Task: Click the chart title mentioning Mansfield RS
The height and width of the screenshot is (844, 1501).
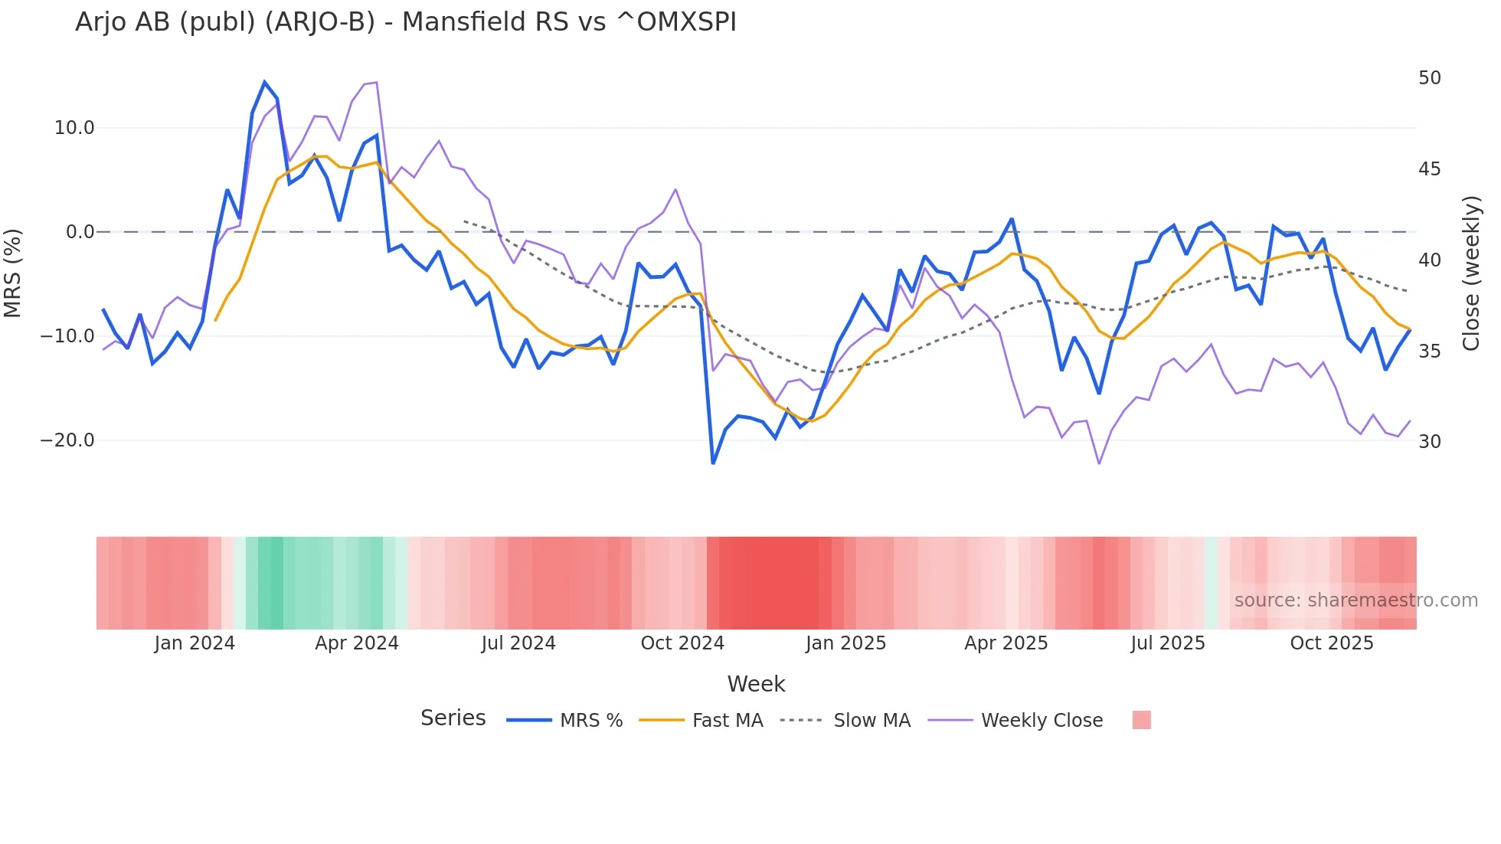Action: [x=405, y=22]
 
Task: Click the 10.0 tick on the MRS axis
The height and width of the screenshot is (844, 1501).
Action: [x=74, y=128]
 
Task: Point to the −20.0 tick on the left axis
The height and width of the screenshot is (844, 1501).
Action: [x=67, y=440]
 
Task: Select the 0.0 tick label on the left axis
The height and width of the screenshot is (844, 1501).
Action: [x=80, y=232]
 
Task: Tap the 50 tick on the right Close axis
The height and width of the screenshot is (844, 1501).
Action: [x=1429, y=78]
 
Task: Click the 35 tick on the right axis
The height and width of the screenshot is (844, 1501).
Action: [x=1429, y=352]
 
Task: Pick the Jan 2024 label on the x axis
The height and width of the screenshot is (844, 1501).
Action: [x=195, y=643]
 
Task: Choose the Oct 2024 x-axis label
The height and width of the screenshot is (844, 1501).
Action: [x=682, y=643]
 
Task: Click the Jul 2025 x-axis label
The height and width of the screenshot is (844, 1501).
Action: [x=1168, y=643]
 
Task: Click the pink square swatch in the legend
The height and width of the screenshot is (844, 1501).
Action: [x=1141, y=720]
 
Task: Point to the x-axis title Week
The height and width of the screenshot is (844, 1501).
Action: [x=756, y=684]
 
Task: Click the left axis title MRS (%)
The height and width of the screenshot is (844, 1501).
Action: [x=13, y=273]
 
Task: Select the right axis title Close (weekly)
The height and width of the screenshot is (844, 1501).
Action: [x=1470, y=273]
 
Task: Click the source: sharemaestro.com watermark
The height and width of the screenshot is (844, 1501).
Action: [x=1355, y=600]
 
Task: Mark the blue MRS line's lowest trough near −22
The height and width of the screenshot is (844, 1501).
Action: [x=713, y=463]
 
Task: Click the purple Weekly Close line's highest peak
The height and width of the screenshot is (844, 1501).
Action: [x=376, y=83]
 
